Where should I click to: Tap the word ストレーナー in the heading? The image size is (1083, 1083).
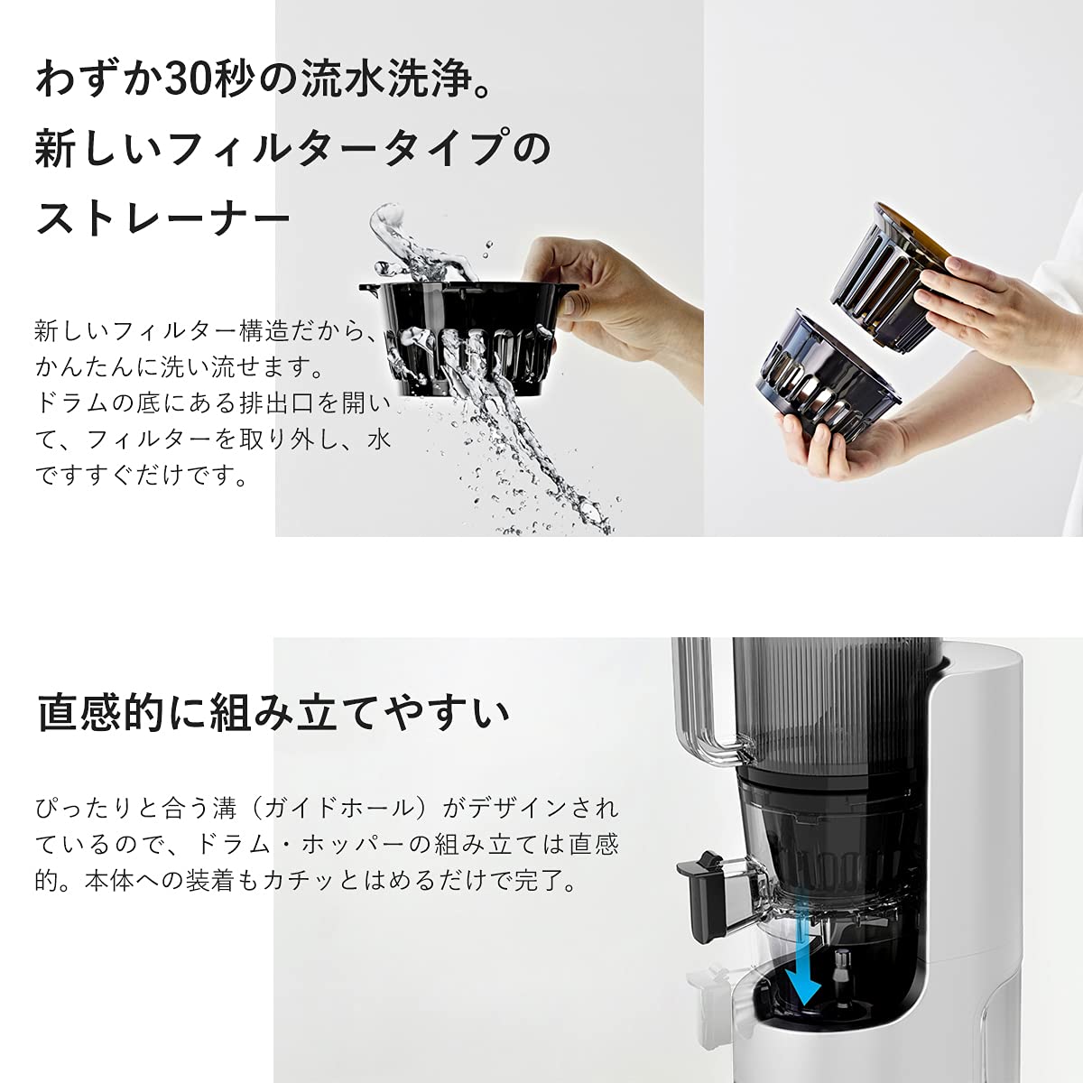click(x=163, y=219)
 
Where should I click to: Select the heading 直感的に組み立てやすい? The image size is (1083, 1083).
click(x=273, y=712)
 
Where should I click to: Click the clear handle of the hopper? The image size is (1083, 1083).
click(x=699, y=713)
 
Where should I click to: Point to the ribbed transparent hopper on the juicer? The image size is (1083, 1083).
click(x=830, y=704)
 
